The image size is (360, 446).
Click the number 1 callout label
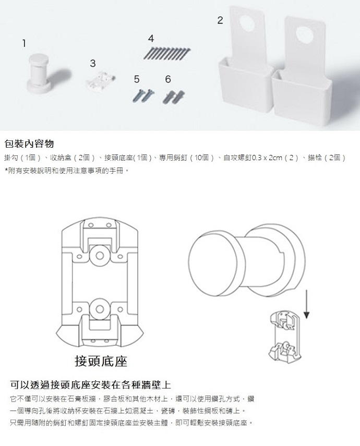click(24, 43)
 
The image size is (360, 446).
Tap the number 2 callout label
click(220, 20)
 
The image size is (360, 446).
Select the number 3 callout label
click(93, 64)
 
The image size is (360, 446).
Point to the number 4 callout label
click(151, 39)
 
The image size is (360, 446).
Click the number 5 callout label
click(137, 79)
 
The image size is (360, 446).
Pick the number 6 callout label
click(168, 79)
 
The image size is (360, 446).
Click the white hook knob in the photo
click(39, 73)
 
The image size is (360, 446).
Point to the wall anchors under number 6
click(173, 96)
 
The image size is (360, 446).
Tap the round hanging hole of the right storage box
click(305, 33)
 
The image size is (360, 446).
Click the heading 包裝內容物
click(29, 143)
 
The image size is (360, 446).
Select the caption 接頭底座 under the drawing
click(101, 361)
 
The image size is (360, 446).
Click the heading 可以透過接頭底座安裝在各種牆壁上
click(90, 385)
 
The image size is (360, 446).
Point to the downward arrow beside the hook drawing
click(306, 304)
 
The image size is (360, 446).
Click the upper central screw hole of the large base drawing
click(99, 256)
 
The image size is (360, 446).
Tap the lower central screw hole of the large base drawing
click(99, 309)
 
